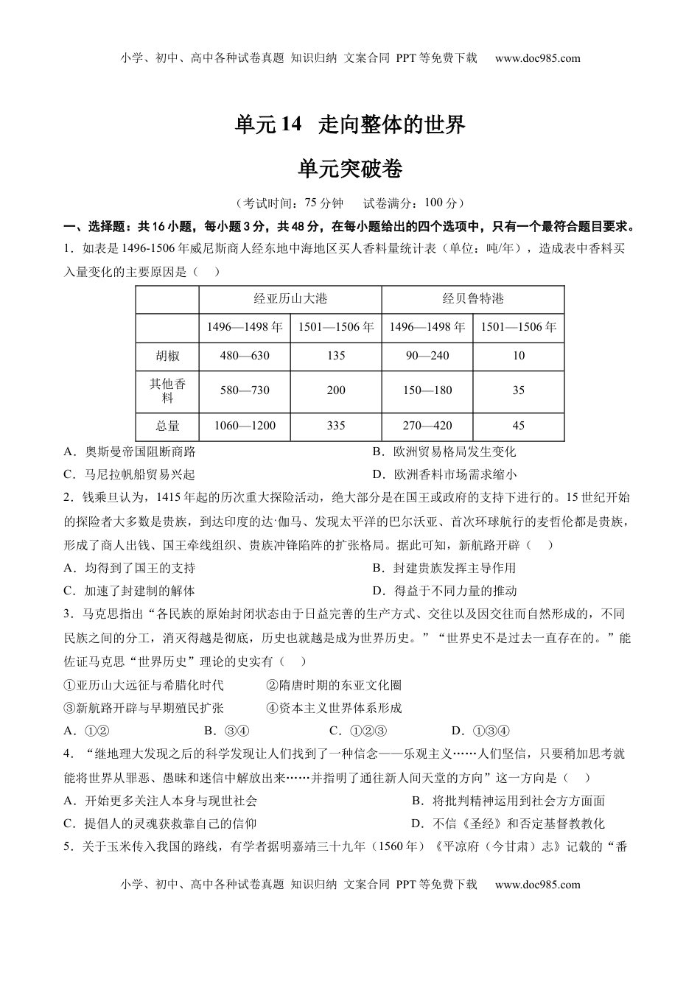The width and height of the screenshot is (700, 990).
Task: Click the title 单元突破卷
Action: pos(350,169)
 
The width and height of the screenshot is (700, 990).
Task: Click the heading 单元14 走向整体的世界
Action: pos(350,125)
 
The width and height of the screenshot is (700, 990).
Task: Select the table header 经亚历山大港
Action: pos(290,298)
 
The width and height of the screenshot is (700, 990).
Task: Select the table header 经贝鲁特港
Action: pos(473,298)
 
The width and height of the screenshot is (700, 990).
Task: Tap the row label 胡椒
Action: pos(167,356)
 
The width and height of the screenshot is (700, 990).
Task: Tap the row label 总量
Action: pos(167,426)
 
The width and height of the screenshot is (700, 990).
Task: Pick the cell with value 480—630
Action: pos(245,356)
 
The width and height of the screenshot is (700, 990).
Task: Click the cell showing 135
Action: pos(336,356)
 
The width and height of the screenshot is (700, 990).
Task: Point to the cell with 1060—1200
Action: pos(245,426)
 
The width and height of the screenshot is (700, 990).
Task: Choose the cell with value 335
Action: pos(336,426)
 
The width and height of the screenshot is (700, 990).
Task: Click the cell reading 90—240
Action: pos(427,356)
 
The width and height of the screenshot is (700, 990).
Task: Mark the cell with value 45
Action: pos(519,426)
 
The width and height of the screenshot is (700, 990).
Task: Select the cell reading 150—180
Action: pos(427,390)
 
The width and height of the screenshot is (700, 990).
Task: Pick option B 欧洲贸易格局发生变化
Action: pos(444,452)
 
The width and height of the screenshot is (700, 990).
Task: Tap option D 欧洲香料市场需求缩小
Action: pos(444,474)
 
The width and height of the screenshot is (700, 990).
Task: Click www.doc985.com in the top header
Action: pos(538,58)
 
